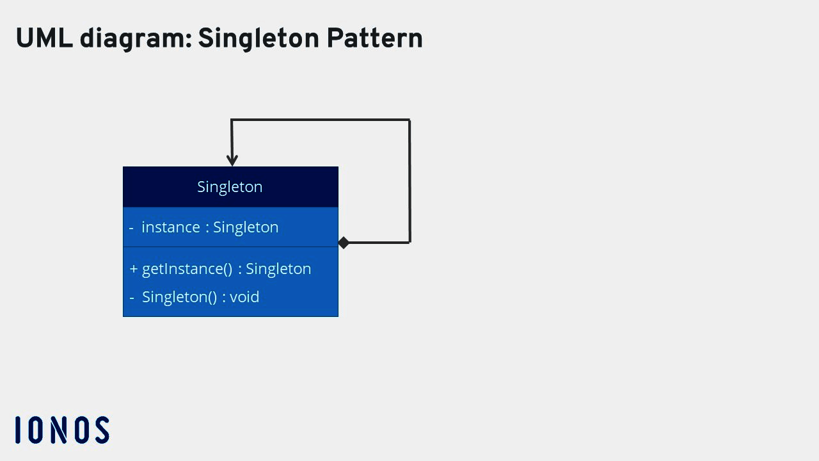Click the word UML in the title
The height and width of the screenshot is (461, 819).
[x=44, y=39]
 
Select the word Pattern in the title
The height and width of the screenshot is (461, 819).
[x=374, y=39]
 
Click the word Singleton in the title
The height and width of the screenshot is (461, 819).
[x=258, y=39]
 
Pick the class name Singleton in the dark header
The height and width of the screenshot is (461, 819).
[x=230, y=187]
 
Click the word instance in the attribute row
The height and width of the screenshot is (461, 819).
[x=171, y=227]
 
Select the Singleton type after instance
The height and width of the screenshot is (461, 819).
[x=246, y=227]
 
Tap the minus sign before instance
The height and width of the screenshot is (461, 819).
[x=131, y=228]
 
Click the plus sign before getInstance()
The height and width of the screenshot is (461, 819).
[x=134, y=269]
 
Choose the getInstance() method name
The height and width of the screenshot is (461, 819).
[x=187, y=269]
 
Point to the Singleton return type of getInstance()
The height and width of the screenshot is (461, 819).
[x=278, y=269]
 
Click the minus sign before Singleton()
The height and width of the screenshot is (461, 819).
[x=132, y=298]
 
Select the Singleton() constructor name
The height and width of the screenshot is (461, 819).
[x=180, y=297]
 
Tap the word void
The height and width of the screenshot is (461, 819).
[x=244, y=297]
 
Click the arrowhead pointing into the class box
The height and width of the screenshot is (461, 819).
[x=232, y=160]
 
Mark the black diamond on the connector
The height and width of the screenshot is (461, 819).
[x=344, y=243]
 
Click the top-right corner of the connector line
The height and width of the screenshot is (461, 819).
[x=409, y=120]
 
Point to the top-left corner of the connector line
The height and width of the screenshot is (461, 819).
[x=232, y=120]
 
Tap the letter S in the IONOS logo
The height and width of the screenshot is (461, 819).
[x=102, y=430]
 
